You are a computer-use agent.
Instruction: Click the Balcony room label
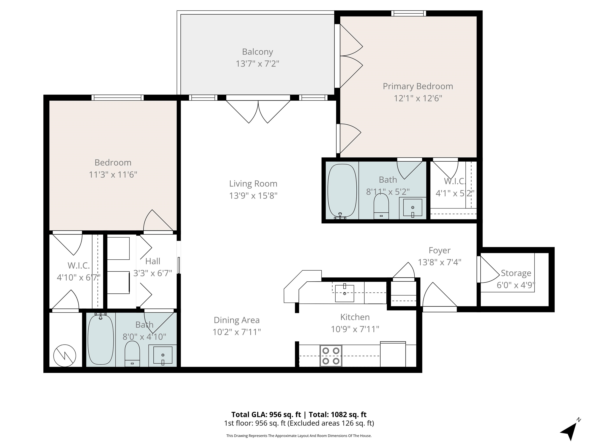257,52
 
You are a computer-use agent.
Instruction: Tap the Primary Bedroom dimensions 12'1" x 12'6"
418,98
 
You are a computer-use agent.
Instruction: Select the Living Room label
253,184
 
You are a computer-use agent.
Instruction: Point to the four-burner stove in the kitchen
331,356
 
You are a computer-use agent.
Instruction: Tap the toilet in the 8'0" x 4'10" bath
132,354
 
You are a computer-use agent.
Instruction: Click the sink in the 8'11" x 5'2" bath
412,208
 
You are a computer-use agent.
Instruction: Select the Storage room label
516,273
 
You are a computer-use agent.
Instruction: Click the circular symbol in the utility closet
65,356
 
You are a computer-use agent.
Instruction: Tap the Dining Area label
237,320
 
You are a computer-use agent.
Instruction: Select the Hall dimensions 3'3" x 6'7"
153,273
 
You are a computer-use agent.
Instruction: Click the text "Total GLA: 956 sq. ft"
266,415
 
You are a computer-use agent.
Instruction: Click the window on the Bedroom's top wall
117,97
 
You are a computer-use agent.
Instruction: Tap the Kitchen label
355,317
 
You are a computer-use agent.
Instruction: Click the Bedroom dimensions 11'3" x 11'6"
113,174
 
